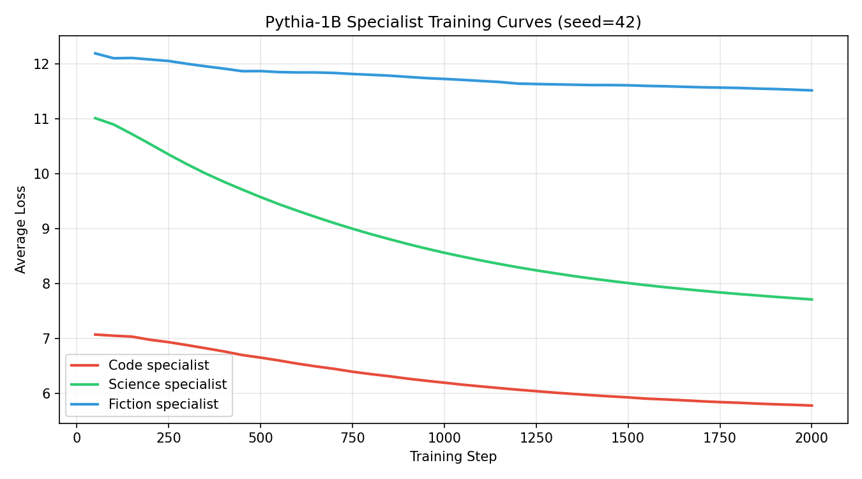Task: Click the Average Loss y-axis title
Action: point(21,229)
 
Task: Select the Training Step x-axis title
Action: point(453,457)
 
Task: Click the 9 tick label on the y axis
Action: point(47,229)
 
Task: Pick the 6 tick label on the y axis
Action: point(47,394)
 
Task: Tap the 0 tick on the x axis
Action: point(77,437)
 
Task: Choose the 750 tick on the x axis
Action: point(352,437)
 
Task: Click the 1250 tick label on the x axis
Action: point(536,437)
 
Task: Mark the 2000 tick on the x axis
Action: point(812,437)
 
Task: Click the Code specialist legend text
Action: point(158,365)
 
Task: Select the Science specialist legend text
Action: point(167,384)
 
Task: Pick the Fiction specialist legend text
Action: point(163,404)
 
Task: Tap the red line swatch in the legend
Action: point(85,365)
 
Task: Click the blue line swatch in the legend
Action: point(85,404)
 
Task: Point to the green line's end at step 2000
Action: point(812,300)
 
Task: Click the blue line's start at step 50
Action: point(95,53)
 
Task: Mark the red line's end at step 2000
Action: point(812,406)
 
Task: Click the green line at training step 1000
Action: point(444,253)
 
